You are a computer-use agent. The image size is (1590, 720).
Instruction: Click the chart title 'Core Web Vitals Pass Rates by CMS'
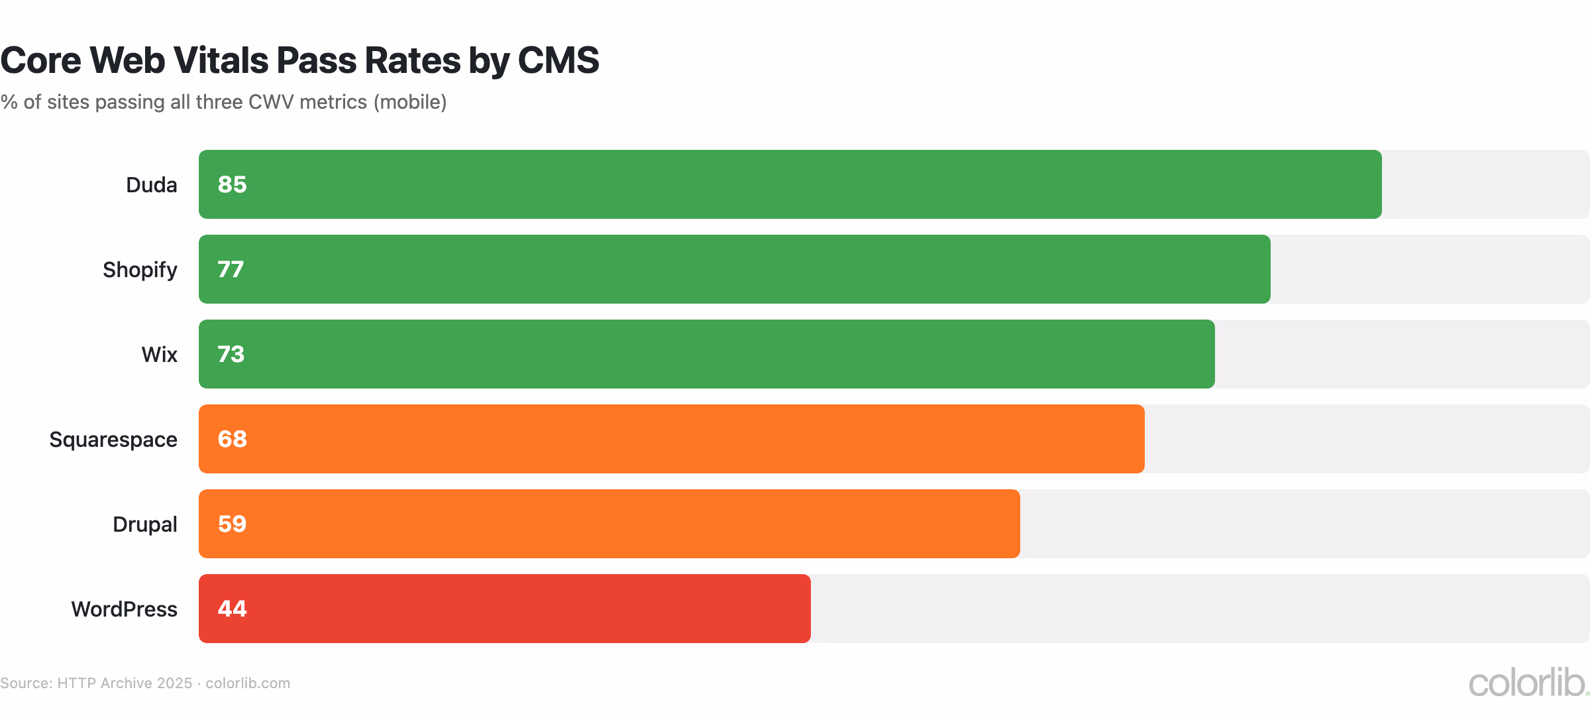pos(299,60)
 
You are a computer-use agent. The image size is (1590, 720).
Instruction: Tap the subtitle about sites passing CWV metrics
pos(223,102)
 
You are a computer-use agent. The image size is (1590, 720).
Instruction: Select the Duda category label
pos(152,185)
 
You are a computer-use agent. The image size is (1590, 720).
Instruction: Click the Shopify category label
pos(140,270)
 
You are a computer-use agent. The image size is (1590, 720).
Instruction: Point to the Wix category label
pos(159,355)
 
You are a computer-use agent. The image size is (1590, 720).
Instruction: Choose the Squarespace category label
pos(113,440)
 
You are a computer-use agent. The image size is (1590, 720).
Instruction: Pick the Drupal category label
pos(145,524)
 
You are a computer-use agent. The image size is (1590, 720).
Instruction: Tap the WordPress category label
pos(125,609)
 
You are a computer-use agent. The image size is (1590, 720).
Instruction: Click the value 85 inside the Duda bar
pos(232,184)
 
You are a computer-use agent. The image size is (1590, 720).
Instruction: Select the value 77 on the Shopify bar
pos(231,269)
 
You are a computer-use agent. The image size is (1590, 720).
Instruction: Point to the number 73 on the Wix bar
pos(231,354)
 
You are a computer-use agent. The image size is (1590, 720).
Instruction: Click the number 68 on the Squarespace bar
pos(232,439)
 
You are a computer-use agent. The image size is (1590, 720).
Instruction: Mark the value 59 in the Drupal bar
pos(232,524)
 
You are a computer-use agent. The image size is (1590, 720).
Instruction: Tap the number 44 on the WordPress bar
pos(232,609)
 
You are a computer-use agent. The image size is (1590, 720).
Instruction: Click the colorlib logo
pos(1528,683)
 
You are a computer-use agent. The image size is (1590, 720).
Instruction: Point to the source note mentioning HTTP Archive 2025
pos(145,684)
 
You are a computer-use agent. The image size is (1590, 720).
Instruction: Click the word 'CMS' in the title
pos(558,60)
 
